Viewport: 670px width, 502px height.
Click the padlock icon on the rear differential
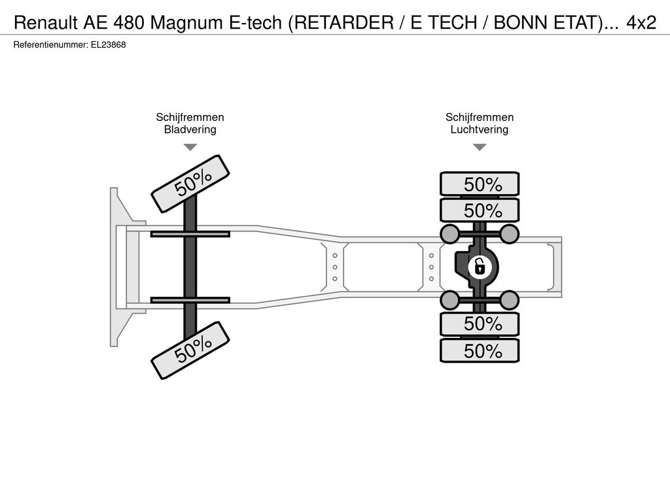(480, 267)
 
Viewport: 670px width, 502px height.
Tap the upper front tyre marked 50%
(190, 184)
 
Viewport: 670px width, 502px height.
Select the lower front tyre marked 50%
(190, 350)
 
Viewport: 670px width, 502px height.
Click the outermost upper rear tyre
(480, 184)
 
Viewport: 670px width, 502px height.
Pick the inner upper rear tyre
(480, 210)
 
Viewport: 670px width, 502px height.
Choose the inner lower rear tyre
(480, 324)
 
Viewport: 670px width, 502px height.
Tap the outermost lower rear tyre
(480, 350)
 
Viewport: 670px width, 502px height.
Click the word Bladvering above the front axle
(190, 129)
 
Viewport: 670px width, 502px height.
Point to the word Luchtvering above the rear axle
(480, 129)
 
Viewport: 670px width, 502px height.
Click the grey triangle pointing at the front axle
(190, 147)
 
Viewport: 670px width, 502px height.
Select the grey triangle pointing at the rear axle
(480, 147)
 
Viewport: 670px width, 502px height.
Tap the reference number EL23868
(108, 45)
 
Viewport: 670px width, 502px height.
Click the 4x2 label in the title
(641, 23)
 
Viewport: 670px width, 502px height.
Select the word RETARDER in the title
(344, 23)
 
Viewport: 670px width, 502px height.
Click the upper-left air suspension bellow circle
(450, 233)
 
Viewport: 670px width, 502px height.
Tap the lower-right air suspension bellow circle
(509, 300)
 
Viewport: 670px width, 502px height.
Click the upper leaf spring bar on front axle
(190, 234)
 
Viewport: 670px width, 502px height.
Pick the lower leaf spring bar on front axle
(190, 300)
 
